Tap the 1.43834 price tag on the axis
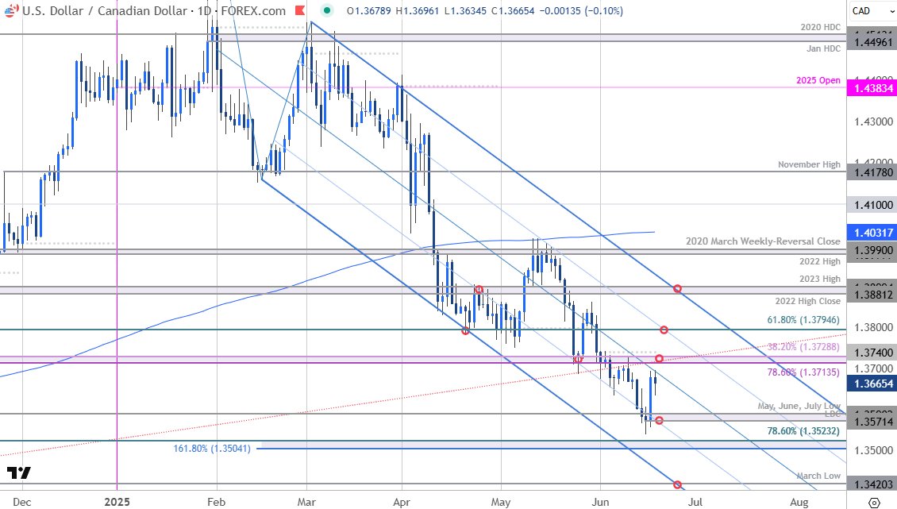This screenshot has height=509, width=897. coord(871,88)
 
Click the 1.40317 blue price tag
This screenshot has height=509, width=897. coord(871,232)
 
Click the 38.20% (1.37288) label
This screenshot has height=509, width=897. coord(803,347)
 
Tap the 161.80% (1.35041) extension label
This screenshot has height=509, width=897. coord(212,449)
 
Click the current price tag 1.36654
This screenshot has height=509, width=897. coord(871,383)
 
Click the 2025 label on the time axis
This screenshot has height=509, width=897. coord(117,502)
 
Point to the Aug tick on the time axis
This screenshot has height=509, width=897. coord(799,502)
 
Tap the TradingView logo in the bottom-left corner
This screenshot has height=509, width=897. coord(18,473)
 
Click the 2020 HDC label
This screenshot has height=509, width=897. coord(821,27)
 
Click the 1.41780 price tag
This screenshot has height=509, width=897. coord(871,172)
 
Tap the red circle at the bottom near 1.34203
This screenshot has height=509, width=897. coord(677,484)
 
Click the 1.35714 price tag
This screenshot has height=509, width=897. coord(871,422)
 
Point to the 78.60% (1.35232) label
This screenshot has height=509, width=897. coord(803,431)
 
